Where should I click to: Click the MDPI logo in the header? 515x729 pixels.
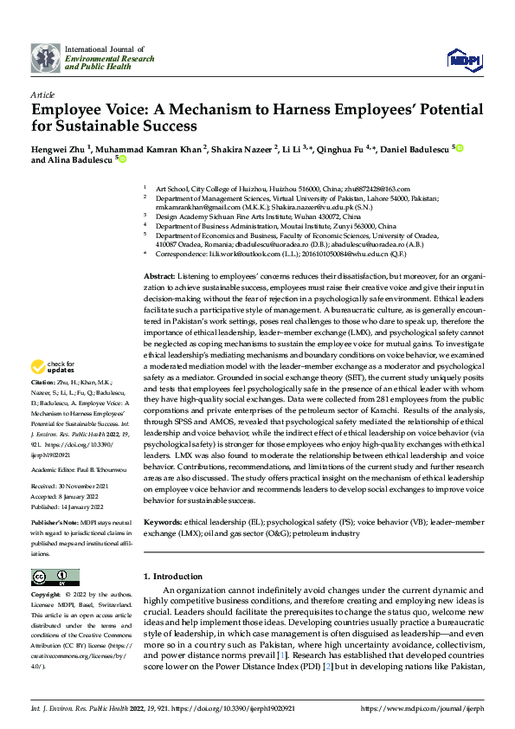pyautogui.click(x=463, y=58)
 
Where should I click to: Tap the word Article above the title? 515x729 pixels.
pyautogui.click(x=42, y=94)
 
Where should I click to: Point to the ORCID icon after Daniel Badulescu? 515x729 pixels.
pyautogui.click(x=460, y=148)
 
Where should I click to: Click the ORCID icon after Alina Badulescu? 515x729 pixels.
pyautogui.click(x=122, y=159)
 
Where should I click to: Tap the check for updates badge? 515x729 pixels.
pyautogui.click(x=55, y=391)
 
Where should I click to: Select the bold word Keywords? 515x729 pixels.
pyautogui.click(x=164, y=524)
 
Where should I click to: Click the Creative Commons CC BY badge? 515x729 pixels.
pyautogui.click(x=55, y=577)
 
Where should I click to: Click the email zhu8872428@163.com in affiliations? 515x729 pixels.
pyautogui.click(x=378, y=188)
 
